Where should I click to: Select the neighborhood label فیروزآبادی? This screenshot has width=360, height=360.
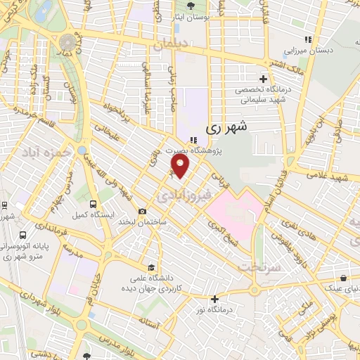click(179, 191)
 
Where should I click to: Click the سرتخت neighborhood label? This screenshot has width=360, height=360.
click(258, 268)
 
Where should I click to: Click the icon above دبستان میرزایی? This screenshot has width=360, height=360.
click(306, 40)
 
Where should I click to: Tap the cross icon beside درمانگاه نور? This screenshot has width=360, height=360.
click(214, 298)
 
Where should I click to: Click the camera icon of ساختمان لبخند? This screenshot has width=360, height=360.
click(143, 211)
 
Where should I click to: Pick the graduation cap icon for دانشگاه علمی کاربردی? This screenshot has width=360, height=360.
click(151, 267)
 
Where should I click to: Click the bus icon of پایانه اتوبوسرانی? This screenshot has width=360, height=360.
click(24, 236)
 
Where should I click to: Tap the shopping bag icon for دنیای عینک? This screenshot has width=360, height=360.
click(342, 278)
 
